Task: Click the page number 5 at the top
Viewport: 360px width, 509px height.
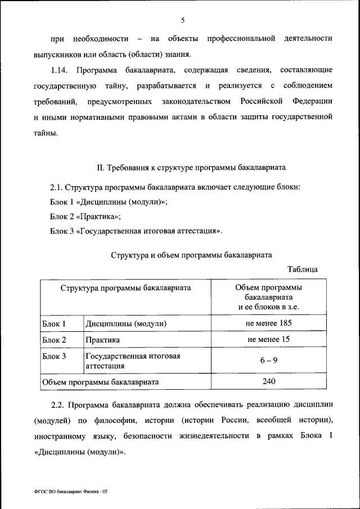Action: coord(183,21)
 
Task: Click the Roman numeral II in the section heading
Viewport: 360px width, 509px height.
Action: coord(101,168)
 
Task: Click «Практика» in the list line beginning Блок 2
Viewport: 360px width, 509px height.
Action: coord(101,217)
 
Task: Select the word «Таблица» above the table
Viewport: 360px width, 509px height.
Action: coord(302,269)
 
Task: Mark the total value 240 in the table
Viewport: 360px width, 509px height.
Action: coord(268,381)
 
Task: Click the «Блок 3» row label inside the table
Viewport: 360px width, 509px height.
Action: coord(55,356)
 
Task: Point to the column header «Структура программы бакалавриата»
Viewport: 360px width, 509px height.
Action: coord(125,287)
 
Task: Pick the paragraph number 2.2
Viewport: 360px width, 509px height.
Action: coord(60,404)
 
